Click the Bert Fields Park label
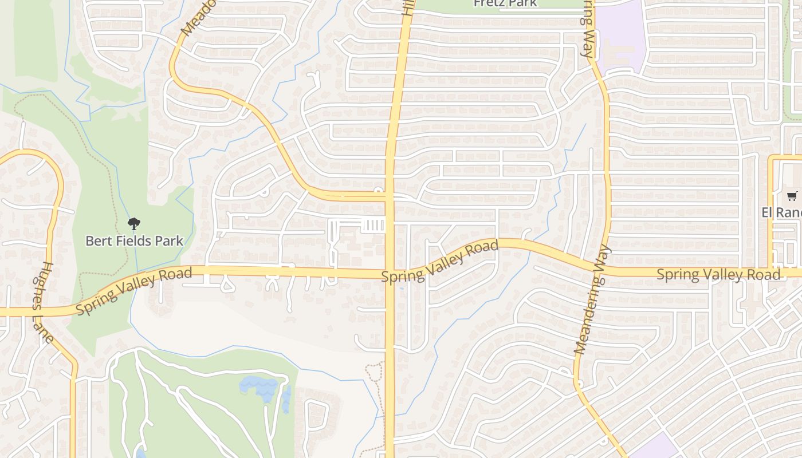point(134,240)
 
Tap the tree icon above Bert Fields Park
point(134,223)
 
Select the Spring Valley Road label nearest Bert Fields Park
point(134,290)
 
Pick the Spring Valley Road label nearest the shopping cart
point(718,274)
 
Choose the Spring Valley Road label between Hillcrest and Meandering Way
point(440,261)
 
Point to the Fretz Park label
point(505,3)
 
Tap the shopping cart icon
point(792,196)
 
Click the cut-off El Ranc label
point(781,212)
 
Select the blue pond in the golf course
point(261,387)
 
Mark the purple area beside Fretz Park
point(620,34)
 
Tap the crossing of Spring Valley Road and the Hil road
point(390,273)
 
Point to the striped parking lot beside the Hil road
point(374,225)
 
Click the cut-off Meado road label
point(198,17)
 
